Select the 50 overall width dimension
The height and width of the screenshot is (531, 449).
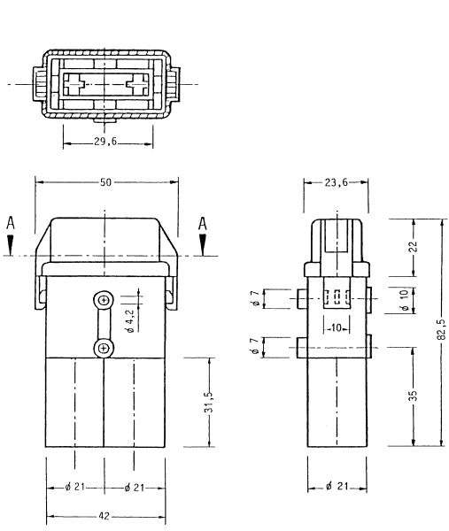tap(105, 181)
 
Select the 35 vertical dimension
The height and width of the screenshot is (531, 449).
tap(413, 396)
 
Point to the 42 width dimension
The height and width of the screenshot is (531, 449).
tap(104, 513)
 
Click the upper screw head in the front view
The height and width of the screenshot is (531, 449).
tap(104, 301)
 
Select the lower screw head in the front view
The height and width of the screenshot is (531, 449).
tap(104, 349)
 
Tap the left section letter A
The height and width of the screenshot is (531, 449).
tap(10, 225)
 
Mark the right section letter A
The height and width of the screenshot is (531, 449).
tap(202, 225)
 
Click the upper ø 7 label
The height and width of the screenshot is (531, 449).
tap(254, 299)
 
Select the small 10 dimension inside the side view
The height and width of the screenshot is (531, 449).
tap(337, 327)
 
